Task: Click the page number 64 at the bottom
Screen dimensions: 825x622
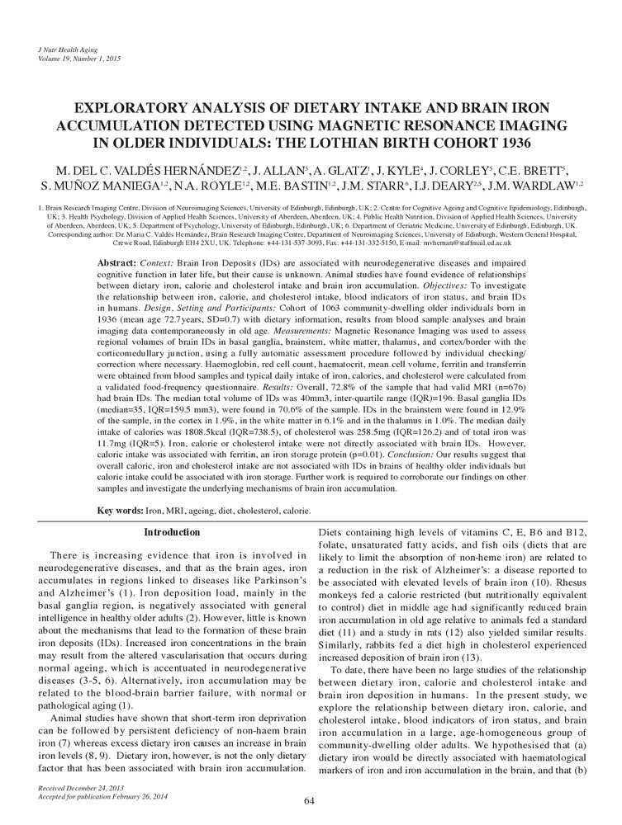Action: tap(311, 801)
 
